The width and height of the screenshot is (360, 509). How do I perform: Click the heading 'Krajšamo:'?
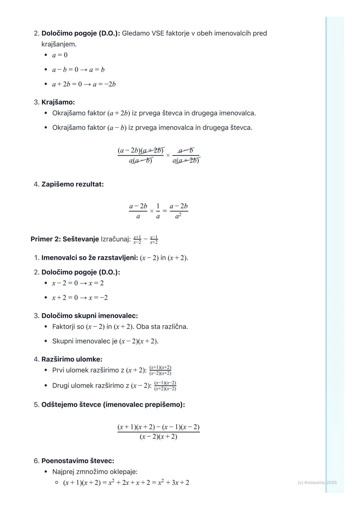[58, 102]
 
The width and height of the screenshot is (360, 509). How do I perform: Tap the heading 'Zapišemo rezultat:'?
[72, 184]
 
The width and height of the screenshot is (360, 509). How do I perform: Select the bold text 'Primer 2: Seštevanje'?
[65, 239]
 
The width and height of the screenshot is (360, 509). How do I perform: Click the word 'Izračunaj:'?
[116, 239]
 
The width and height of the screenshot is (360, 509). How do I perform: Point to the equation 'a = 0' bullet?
[60, 55]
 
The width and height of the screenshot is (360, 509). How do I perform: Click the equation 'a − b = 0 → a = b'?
[78, 70]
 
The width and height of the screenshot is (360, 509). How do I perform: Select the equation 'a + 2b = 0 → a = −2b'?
[84, 84]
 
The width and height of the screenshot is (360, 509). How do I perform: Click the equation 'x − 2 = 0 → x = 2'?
[78, 283]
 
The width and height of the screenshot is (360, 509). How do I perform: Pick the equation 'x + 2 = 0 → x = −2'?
[80, 298]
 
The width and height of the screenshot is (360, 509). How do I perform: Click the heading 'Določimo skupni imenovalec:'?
[89, 316]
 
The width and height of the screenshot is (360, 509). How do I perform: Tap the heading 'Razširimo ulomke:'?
[72, 359]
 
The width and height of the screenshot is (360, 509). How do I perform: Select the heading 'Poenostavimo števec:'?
[78, 461]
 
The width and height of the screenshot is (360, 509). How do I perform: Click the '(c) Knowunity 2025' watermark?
[317, 483]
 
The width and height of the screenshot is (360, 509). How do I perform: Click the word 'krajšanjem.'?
[59, 44]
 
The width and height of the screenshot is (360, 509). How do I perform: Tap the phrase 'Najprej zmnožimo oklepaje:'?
[95, 472]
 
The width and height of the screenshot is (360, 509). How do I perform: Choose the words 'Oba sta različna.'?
[162, 327]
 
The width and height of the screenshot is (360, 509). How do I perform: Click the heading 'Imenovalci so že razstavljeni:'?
[90, 258]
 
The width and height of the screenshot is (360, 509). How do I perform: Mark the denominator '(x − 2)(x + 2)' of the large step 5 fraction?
[158, 437]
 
